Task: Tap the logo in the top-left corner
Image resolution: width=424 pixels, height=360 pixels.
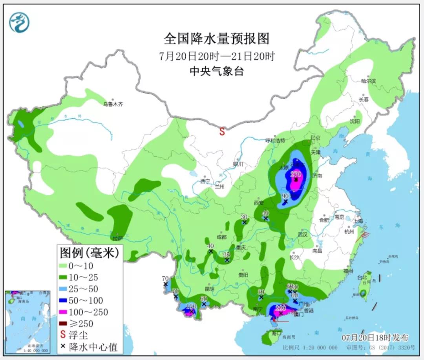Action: pyautogui.click(x=19, y=22)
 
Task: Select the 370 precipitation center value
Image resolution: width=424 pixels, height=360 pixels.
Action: pyautogui.click(x=296, y=174)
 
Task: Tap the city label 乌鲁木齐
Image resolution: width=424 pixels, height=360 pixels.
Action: pyautogui.click(x=113, y=105)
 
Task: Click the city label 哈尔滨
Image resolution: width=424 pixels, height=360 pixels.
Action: pyautogui.click(x=368, y=81)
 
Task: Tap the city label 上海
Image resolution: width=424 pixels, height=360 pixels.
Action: pyautogui.click(x=358, y=221)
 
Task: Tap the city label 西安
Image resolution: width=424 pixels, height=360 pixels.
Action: pyautogui.click(x=259, y=203)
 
